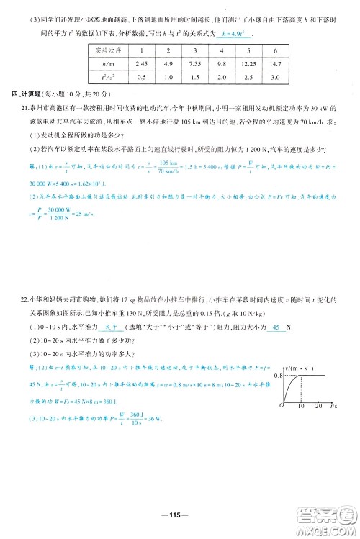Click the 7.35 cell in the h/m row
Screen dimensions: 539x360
click(x=193, y=64)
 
